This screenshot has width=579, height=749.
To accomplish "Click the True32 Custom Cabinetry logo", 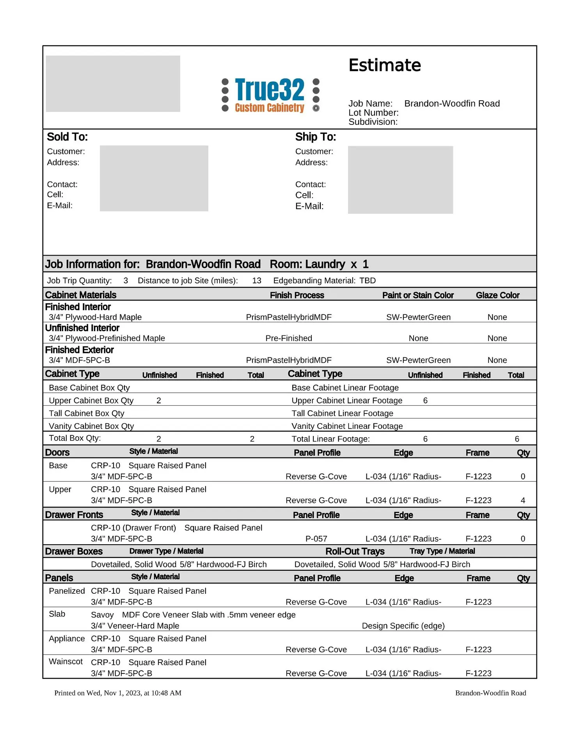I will [270, 95].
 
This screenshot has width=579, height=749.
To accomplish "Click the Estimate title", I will [384, 66].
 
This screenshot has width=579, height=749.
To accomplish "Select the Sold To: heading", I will [67, 137].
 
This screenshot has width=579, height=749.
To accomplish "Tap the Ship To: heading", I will [315, 137].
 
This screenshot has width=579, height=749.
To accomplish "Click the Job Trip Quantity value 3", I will [126, 280].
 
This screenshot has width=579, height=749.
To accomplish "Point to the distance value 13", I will [256, 280].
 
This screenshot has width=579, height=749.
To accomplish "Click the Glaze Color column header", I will [497, 295].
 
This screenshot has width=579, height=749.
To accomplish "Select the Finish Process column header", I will [297, 295].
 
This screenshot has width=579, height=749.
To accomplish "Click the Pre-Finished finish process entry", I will [289, 338].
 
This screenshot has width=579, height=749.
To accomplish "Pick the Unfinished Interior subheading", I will [82, 328].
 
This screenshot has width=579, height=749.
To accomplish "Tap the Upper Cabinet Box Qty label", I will [91, 401].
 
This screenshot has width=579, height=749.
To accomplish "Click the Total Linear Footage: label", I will [330, 439].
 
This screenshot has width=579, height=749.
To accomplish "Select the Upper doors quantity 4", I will [523, 500].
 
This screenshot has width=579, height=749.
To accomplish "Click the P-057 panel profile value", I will [316, 539].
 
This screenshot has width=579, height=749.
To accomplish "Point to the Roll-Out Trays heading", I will [355, 551].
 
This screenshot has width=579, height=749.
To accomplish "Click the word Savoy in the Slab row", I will [102, 615].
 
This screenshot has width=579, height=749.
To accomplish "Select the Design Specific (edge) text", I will [403, 626].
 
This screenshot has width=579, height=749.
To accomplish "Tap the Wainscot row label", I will [66, 662].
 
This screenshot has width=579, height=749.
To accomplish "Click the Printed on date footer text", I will [118, 693].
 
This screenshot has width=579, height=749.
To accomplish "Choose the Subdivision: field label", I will [373, 122].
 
